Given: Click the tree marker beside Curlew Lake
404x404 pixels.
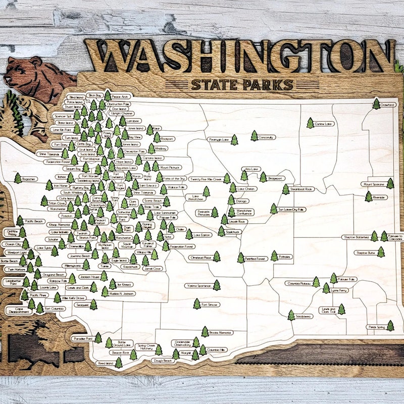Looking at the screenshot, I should pos(310,123).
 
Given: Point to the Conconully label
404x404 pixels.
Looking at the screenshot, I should pos(266,137).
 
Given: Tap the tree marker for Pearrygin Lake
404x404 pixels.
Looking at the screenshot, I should pos(234,140).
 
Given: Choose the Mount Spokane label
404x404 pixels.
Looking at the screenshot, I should pos(374,184).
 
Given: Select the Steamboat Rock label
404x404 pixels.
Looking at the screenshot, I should pos(302,189).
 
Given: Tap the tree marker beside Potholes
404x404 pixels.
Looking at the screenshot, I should pos(274,256).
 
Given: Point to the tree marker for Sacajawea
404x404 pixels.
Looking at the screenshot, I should pos(291,316).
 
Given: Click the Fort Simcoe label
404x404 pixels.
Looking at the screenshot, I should pos(212,305).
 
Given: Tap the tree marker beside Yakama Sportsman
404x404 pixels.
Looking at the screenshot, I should pos(217,285).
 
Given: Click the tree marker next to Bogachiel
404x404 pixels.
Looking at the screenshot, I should pos(18,178).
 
